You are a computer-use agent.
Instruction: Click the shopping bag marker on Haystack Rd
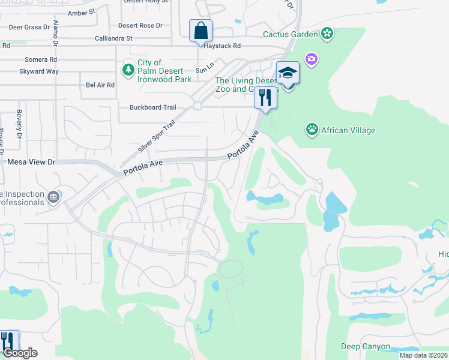200,31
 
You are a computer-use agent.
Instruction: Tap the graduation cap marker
288,73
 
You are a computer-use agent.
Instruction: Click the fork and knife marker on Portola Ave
265,97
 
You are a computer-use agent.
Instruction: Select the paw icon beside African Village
312,130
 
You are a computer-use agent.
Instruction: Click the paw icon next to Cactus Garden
327,33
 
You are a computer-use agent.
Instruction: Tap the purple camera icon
312,59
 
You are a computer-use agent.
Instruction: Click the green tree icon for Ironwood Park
128,70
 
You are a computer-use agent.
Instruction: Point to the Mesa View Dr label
31,162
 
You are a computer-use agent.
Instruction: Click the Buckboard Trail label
153,107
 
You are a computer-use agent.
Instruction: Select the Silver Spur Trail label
157,136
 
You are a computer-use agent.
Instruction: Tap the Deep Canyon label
365,347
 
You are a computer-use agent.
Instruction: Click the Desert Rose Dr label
140,26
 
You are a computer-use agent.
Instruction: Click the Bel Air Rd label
100,85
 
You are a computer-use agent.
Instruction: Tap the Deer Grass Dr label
29,27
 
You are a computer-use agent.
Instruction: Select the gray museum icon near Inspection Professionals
53,197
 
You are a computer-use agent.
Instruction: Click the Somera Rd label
41,59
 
